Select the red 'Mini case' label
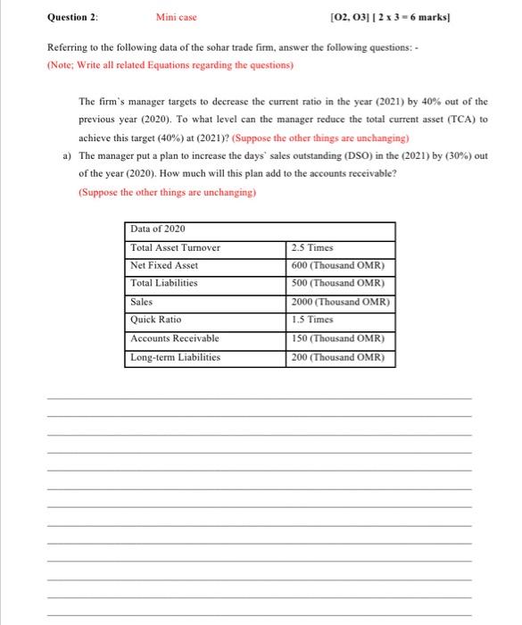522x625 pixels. tap(177, 16)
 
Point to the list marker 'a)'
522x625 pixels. tap(67, 155)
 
